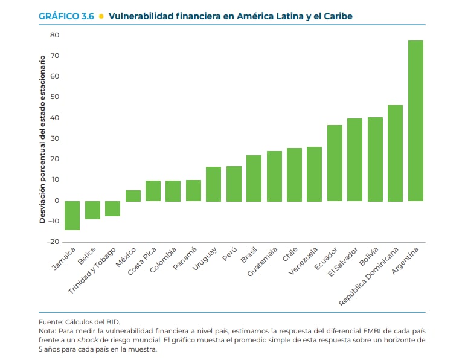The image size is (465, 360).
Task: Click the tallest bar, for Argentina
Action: [x=415, y=121]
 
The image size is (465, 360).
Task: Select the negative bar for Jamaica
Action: [x=72, y=215]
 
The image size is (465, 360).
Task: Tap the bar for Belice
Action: [x=92, y=210]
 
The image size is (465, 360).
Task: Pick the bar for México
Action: [x=133, y=196]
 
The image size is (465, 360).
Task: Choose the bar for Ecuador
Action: [x=335, y=163]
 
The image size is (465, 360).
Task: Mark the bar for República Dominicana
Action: [x=395, y=153]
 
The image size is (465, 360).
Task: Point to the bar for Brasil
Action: [x=254, y=178]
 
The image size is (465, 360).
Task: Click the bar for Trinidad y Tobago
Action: [x=113, y=208]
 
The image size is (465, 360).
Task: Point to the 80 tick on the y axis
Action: [x=54, y=35]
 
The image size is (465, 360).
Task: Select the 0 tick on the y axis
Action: [x=56, y=201]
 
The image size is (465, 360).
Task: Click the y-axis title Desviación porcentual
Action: [x=43, y=139]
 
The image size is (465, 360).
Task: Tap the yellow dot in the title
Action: [x=101, y=16]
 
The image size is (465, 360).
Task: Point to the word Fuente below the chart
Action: [x=50, y=322]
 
